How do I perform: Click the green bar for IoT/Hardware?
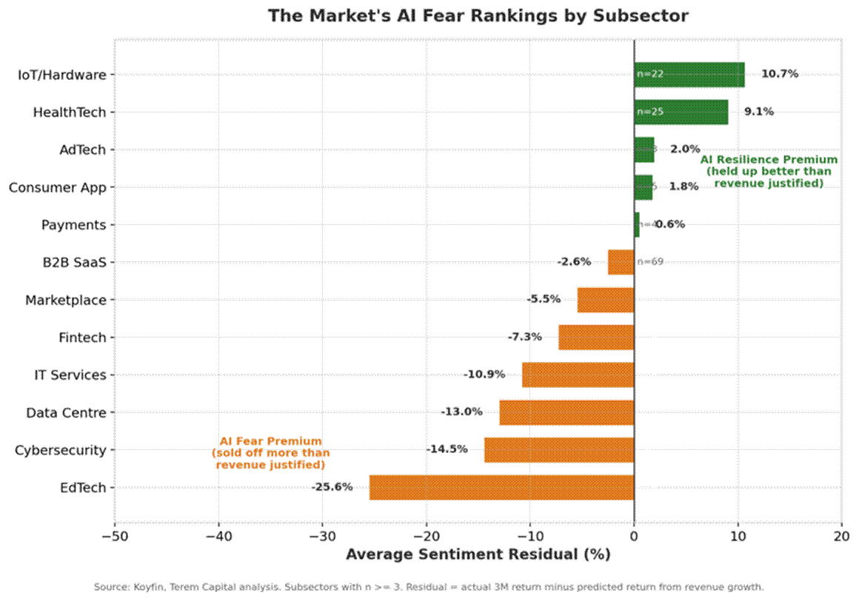689,74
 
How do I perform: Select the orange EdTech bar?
501,488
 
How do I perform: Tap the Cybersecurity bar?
558,450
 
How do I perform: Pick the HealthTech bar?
681,112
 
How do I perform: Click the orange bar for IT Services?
578,375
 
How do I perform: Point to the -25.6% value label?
332,487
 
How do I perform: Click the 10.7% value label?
780,74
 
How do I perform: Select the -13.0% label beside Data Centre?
461,412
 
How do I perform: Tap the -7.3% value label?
524,337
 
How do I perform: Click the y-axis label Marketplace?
65,300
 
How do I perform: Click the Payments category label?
73,224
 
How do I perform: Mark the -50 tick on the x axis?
115,535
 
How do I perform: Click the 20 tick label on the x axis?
841,535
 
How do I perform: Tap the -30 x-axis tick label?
322,535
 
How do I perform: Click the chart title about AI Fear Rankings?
478,16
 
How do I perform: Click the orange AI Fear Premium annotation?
270,453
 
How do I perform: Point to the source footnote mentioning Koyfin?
428,587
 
